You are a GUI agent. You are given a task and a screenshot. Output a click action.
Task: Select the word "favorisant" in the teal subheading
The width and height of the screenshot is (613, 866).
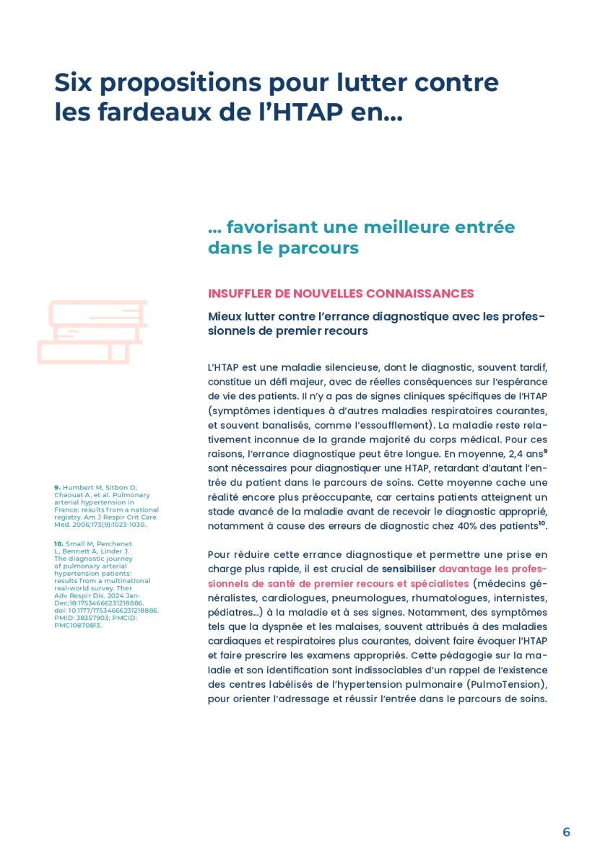tap(271, 227)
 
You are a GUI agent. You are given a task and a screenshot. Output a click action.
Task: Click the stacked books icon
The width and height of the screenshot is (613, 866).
tap(92, 332)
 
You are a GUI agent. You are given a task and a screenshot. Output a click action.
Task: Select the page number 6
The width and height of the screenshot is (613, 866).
tap(566, 832)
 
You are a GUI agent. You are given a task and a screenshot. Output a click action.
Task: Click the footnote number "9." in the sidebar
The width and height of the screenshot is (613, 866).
tap(57, 488)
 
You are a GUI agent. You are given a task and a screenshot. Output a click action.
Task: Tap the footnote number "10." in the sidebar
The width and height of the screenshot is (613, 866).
tap(58, 543)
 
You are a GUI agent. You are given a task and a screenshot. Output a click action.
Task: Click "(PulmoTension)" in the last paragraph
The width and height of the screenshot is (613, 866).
tap(508, 684)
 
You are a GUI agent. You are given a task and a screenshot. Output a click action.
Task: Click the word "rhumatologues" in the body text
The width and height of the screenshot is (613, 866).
tap(447, 598)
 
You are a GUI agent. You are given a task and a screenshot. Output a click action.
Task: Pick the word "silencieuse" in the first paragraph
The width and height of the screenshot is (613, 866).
tap(342, 367)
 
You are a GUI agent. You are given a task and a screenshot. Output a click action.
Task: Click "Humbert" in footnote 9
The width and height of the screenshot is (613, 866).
tap(74, 488)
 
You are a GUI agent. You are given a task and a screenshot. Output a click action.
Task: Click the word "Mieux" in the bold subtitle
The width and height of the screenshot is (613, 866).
tap(224, 317)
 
